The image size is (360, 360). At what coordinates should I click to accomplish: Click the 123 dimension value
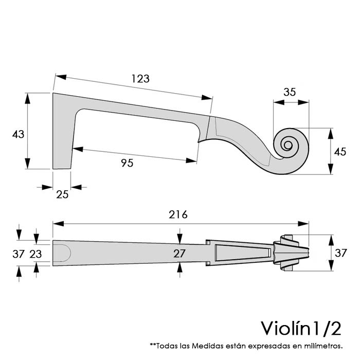[140, 79]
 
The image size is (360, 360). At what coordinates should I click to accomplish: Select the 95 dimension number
[127, 163]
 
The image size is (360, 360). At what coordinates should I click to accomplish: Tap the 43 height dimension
[18, 134]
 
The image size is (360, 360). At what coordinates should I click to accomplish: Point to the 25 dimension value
[62, 194]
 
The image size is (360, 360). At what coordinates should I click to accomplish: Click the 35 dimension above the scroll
[290, 92]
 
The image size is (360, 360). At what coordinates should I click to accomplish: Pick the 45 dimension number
[340, 152]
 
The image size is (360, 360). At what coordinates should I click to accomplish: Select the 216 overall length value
[178, 214]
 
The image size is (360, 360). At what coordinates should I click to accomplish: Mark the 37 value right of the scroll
[340, 253]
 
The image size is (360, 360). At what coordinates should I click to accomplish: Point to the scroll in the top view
[291, 252]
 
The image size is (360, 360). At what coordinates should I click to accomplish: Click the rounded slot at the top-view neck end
[62, 253]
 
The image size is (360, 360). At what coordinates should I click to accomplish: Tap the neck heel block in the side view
[63, 134]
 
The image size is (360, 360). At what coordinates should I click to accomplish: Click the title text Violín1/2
[300, 327]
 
